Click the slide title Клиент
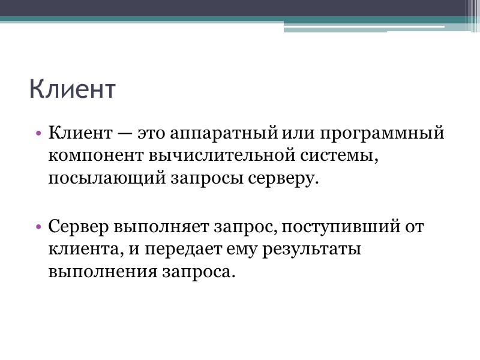[71, 90]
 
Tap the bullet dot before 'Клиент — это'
[38, 133]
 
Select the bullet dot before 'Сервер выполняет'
[38, 227]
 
